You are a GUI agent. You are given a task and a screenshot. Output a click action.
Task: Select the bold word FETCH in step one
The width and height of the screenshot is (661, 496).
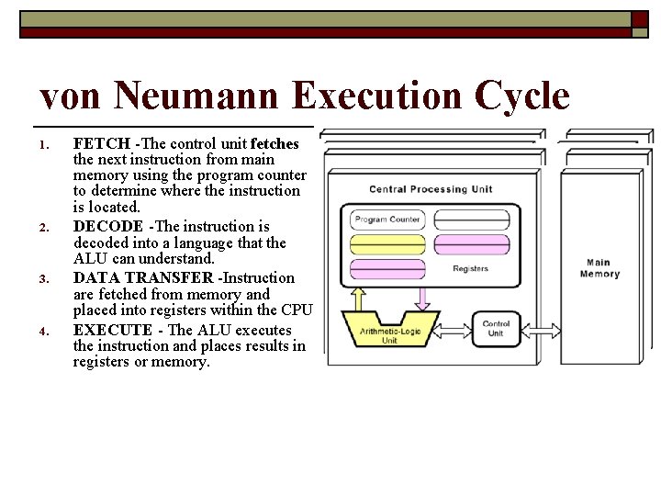click(102, 144)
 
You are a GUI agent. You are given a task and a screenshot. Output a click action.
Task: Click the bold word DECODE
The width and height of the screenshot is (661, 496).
click(108, 226)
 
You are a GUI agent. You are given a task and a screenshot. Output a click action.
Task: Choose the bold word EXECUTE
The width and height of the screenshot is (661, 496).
click(113, 330)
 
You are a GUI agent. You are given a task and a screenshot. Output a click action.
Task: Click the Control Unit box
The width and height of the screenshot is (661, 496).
click(496, 328)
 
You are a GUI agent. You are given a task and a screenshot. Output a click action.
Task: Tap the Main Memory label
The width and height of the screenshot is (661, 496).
click(599, 268)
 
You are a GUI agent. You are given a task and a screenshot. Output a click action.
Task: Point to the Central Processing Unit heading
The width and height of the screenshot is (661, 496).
click(431, 189)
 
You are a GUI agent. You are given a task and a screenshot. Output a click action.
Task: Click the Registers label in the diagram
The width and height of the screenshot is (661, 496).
click(470, 269)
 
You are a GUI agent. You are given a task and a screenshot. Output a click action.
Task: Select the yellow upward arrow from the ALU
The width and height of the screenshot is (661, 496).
click(357, 298)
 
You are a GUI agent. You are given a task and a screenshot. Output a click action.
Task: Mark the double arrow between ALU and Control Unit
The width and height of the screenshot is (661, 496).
click(454, 327)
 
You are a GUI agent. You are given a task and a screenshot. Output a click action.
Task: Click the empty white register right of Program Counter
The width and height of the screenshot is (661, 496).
click(470, 220)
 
